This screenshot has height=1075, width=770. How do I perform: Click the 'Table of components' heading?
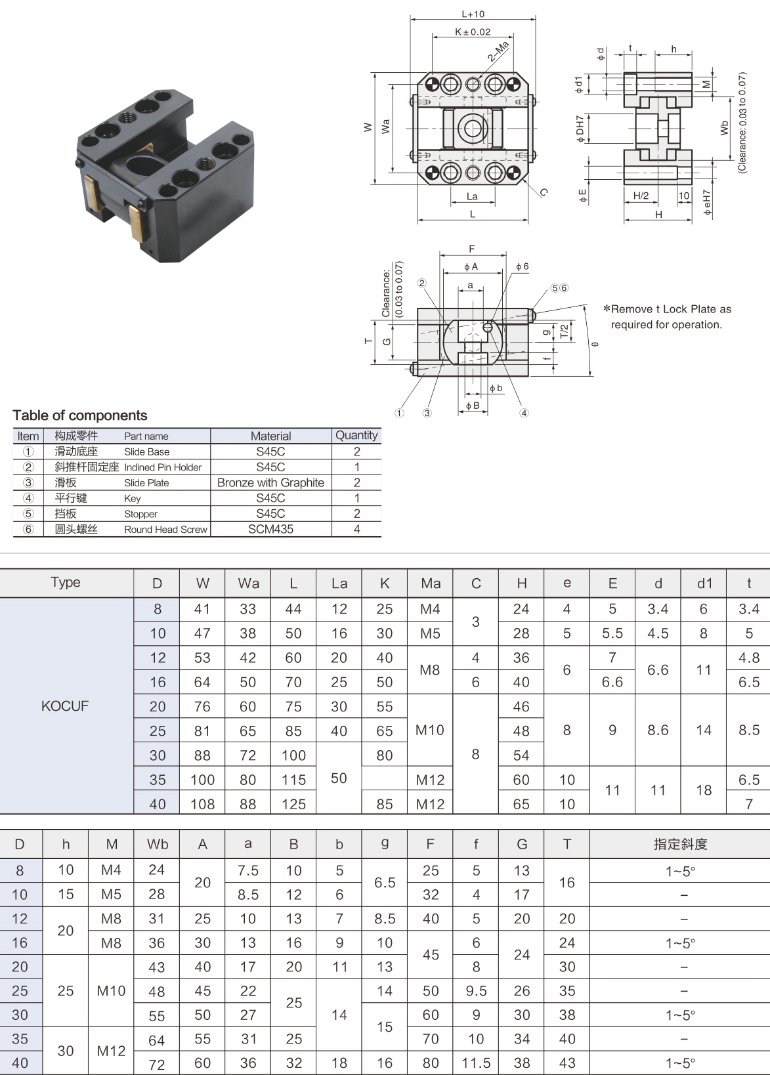79,415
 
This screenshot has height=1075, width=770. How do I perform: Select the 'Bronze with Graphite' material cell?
270,482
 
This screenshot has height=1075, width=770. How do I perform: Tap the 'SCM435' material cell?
270,529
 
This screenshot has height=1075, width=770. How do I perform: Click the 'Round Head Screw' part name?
165,530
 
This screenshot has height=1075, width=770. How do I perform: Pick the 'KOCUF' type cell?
65,706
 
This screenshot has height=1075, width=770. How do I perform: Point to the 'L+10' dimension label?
473,14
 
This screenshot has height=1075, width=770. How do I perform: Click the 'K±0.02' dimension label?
473,32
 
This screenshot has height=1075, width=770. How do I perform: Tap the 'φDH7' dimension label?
580,129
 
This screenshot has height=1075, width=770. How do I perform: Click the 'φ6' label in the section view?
522,266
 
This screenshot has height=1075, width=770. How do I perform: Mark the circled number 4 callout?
524,413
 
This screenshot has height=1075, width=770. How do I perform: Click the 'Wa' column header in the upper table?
248,583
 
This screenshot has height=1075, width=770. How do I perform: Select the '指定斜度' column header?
680,845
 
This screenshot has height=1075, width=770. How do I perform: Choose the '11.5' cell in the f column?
476,1063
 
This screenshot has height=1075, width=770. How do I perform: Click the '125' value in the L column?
293,804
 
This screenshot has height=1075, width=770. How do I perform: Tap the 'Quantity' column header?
356,435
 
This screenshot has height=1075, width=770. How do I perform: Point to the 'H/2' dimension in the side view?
641,196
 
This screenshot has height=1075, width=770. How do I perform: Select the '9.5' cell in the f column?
476,991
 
